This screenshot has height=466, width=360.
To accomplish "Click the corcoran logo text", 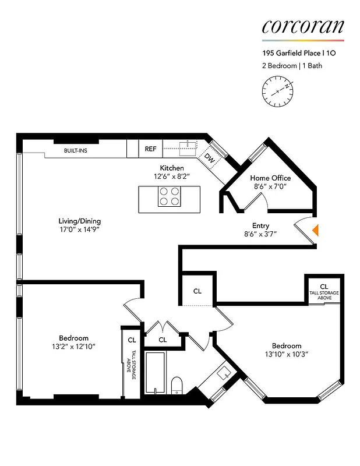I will coord(302,26).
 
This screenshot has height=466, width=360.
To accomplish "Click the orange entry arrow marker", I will coord(315,230).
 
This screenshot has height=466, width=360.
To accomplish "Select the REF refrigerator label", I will coord(150,149).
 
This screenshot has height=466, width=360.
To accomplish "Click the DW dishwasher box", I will coord(209,157).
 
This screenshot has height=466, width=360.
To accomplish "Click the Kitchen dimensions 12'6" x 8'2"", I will coord(172,176).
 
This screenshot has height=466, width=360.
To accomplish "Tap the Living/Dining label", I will coord(80,221).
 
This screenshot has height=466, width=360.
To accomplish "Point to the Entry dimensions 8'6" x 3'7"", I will coord(260,234).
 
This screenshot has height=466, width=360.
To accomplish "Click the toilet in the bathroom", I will coord(177,385).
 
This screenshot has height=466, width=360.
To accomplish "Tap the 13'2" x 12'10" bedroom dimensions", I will coord(73,346).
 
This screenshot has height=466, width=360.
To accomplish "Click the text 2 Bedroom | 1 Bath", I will coord(292,66).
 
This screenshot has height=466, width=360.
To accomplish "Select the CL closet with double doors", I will coord(163,340).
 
